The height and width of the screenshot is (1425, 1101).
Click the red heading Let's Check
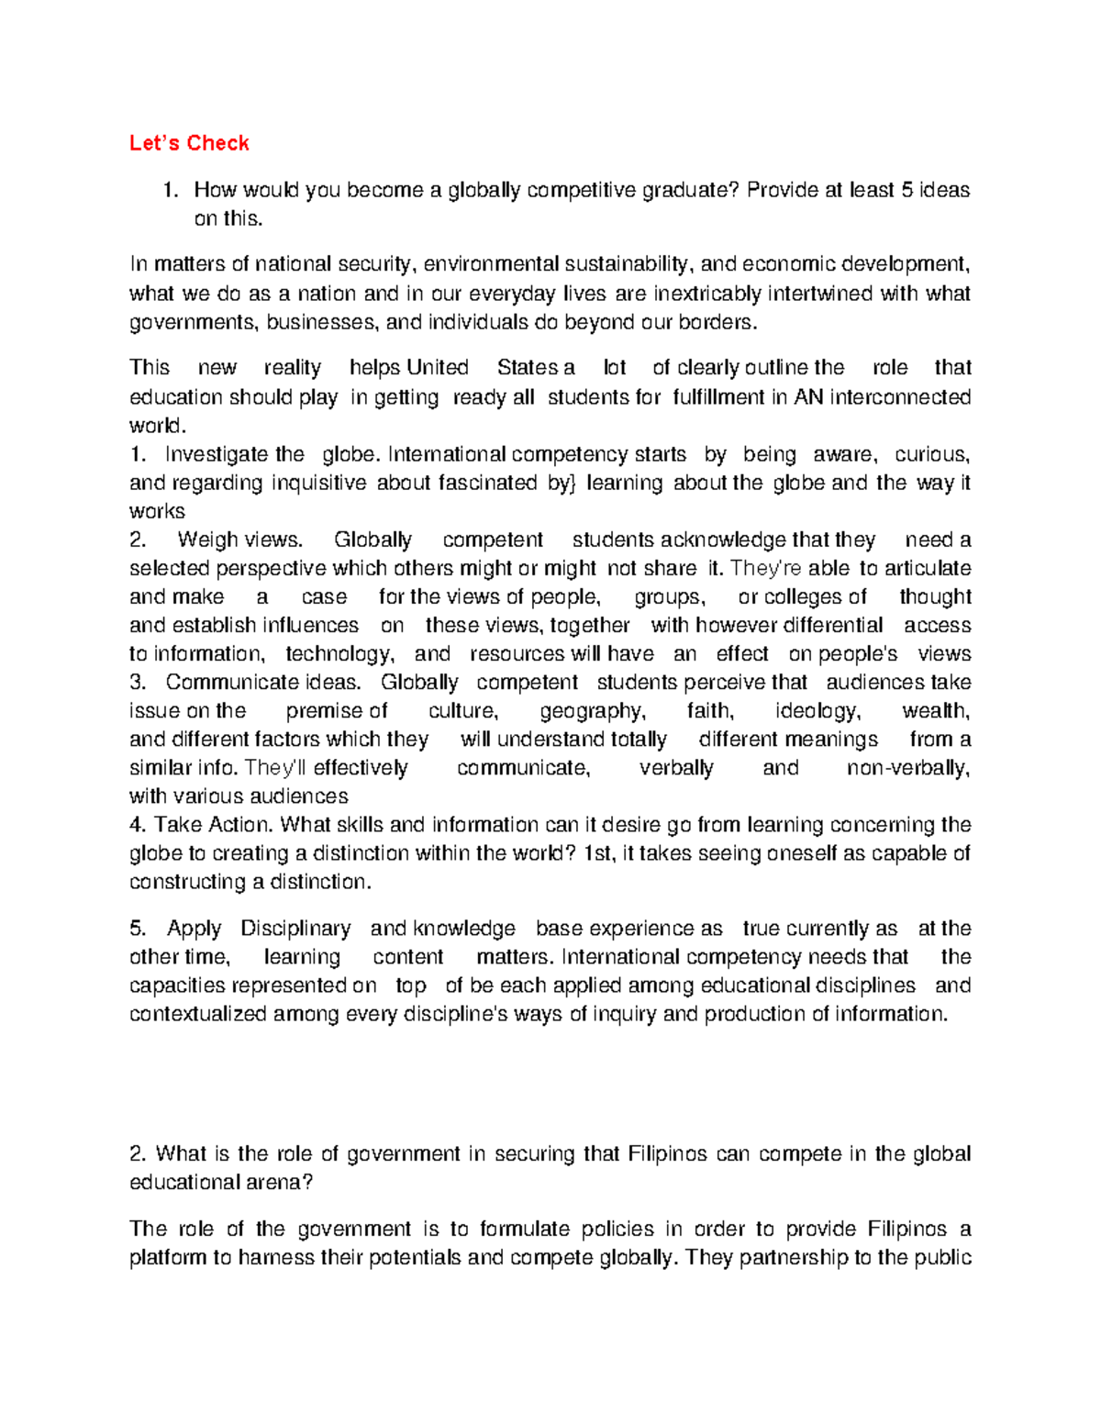pos(189,143)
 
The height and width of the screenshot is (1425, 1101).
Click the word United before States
pos(437,368)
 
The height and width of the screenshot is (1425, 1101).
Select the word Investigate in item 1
pos(217,454)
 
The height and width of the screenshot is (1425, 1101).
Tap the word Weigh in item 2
pos(204,540)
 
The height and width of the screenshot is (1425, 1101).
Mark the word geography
pos(592,710)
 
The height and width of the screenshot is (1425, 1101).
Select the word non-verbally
pos(907,768)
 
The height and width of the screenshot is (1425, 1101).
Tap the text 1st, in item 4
pos(598,853)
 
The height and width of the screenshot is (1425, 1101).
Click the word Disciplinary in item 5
pos(295,929)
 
